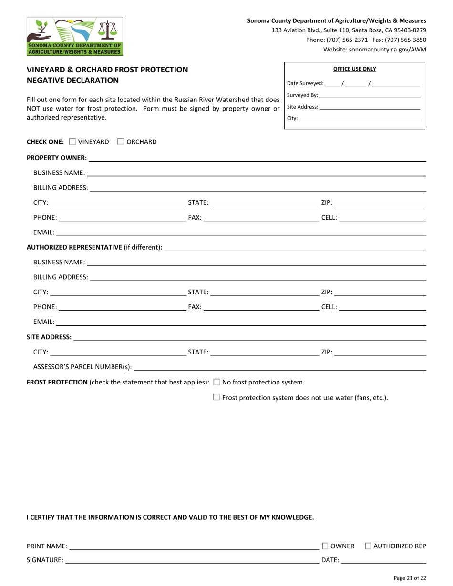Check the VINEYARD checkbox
(x=72, y=141)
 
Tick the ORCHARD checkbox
(x=121, y=141)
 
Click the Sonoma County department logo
(x=74, y=36)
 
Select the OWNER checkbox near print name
(x=325, y=546)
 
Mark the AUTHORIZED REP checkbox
(x=368, y=546)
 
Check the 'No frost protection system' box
(x=217, y=382)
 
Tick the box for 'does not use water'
(x=216, y=397)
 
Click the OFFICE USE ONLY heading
(x=354, y=69)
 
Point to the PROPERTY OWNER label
(x=56, y=158)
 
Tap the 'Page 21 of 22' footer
(x=410, y=578)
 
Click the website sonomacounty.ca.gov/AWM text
(x=375, y=49)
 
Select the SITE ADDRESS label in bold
(x=49, y=337)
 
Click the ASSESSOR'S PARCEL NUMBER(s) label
(x=82, y=367)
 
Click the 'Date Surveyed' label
(x=305, y=83)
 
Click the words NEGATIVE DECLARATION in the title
(x=73, y=80)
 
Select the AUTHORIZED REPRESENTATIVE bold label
(x=74, y=247)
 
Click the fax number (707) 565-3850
(x=408, y=40)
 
